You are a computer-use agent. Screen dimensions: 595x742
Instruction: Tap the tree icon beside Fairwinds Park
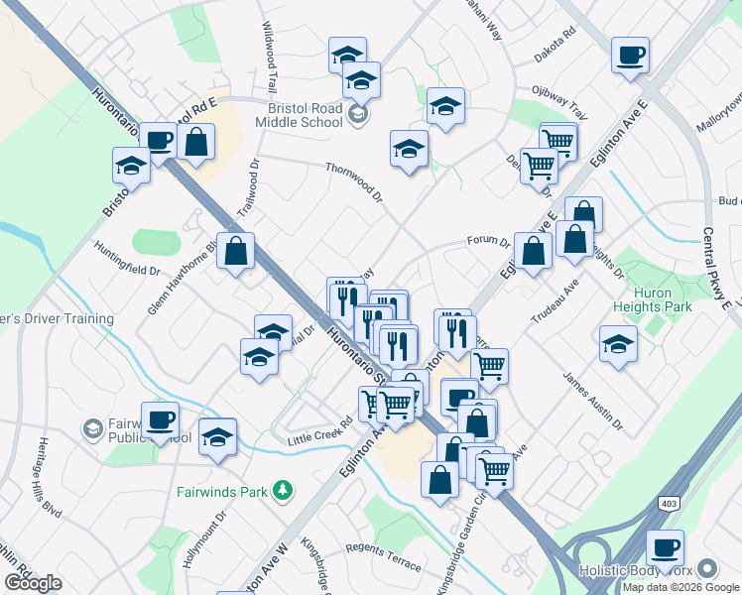click(x=284, y=490)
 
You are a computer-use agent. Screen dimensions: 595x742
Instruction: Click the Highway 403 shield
click(x=662, y=505)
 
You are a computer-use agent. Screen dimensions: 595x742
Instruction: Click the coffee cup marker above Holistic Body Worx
click(x=664, y=546)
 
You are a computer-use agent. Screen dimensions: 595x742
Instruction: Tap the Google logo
click(x=33, y=583)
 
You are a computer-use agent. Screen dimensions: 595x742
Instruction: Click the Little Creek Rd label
click(x=320, y=428)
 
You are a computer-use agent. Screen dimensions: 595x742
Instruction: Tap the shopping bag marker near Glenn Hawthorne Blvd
click(x=236, y=251)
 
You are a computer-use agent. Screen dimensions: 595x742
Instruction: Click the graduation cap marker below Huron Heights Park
click(x=618, y=345)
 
